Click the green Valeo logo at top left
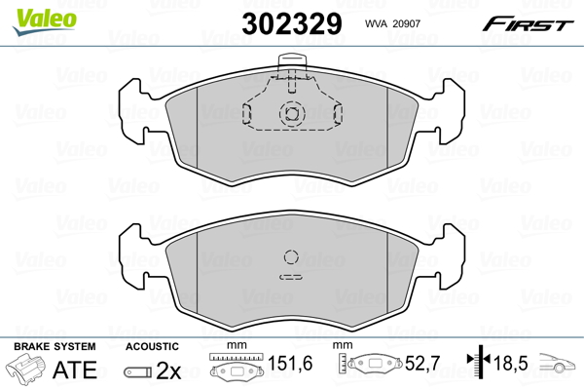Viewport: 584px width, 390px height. point(38,14)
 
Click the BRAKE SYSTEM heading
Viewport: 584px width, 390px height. point(54,346)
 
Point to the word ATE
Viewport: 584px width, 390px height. point(74,370)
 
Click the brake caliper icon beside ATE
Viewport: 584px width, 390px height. point(26,370)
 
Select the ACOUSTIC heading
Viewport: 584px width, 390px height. point(152,346)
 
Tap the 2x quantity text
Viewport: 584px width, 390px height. point(168,370)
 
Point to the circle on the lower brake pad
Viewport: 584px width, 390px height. point(291,258)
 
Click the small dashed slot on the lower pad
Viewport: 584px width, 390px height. point(291,278)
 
